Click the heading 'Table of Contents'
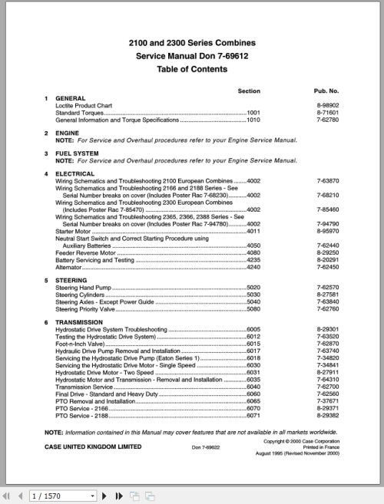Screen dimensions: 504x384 [x=192, y=69]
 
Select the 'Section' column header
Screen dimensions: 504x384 [x=249, y=91]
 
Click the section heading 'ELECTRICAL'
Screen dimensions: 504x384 [x=75, y=173]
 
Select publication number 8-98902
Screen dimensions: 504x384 [x=328, y=105]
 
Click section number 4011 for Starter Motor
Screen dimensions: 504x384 [x=253, y=230]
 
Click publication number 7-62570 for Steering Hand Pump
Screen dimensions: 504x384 [x=328, y=288]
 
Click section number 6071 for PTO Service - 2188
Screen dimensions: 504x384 [x=253, y=414]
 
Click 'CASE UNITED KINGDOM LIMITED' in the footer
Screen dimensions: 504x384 [x=93, y=446]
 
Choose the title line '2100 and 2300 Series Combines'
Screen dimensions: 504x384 [x=192, y=43]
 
